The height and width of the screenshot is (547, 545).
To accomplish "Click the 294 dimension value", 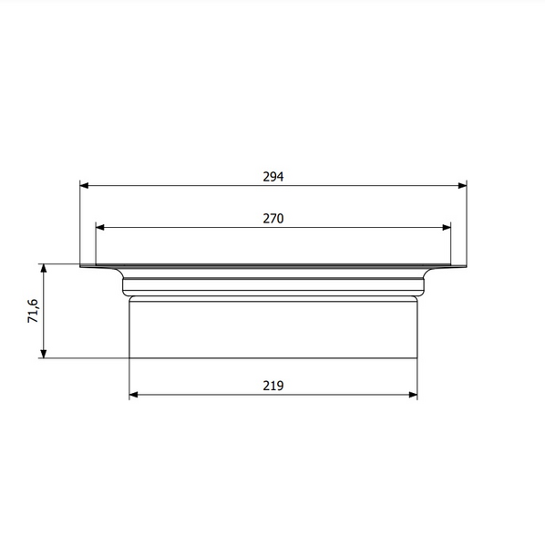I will [x=273, y=177].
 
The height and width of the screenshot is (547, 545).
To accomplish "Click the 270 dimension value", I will [x=273, y=219].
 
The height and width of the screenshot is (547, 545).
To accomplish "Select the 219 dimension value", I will [x=273, y=386].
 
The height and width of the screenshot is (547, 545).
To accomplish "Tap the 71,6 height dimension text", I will [x=33, y=311].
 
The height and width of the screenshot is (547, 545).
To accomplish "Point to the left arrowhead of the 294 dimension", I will [x=84, y=185].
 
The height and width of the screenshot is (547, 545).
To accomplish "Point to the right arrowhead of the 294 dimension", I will [x=463, y=185].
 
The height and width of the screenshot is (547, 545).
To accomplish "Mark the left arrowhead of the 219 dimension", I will [x=134, y=395].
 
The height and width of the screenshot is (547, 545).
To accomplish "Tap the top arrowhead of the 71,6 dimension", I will [x=44, y=269].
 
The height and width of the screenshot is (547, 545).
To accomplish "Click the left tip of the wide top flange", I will [x=80, y=266].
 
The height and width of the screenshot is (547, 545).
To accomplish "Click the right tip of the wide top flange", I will [x=467, y=266].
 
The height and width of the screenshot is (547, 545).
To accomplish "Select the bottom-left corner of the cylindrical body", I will [x=129, y=357].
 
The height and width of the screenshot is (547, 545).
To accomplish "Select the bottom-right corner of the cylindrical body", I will [x=416, y=357].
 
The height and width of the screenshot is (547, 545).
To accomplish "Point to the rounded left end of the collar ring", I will [x=124, y=285].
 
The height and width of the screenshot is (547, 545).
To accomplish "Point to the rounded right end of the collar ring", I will [x=423, y=285].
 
